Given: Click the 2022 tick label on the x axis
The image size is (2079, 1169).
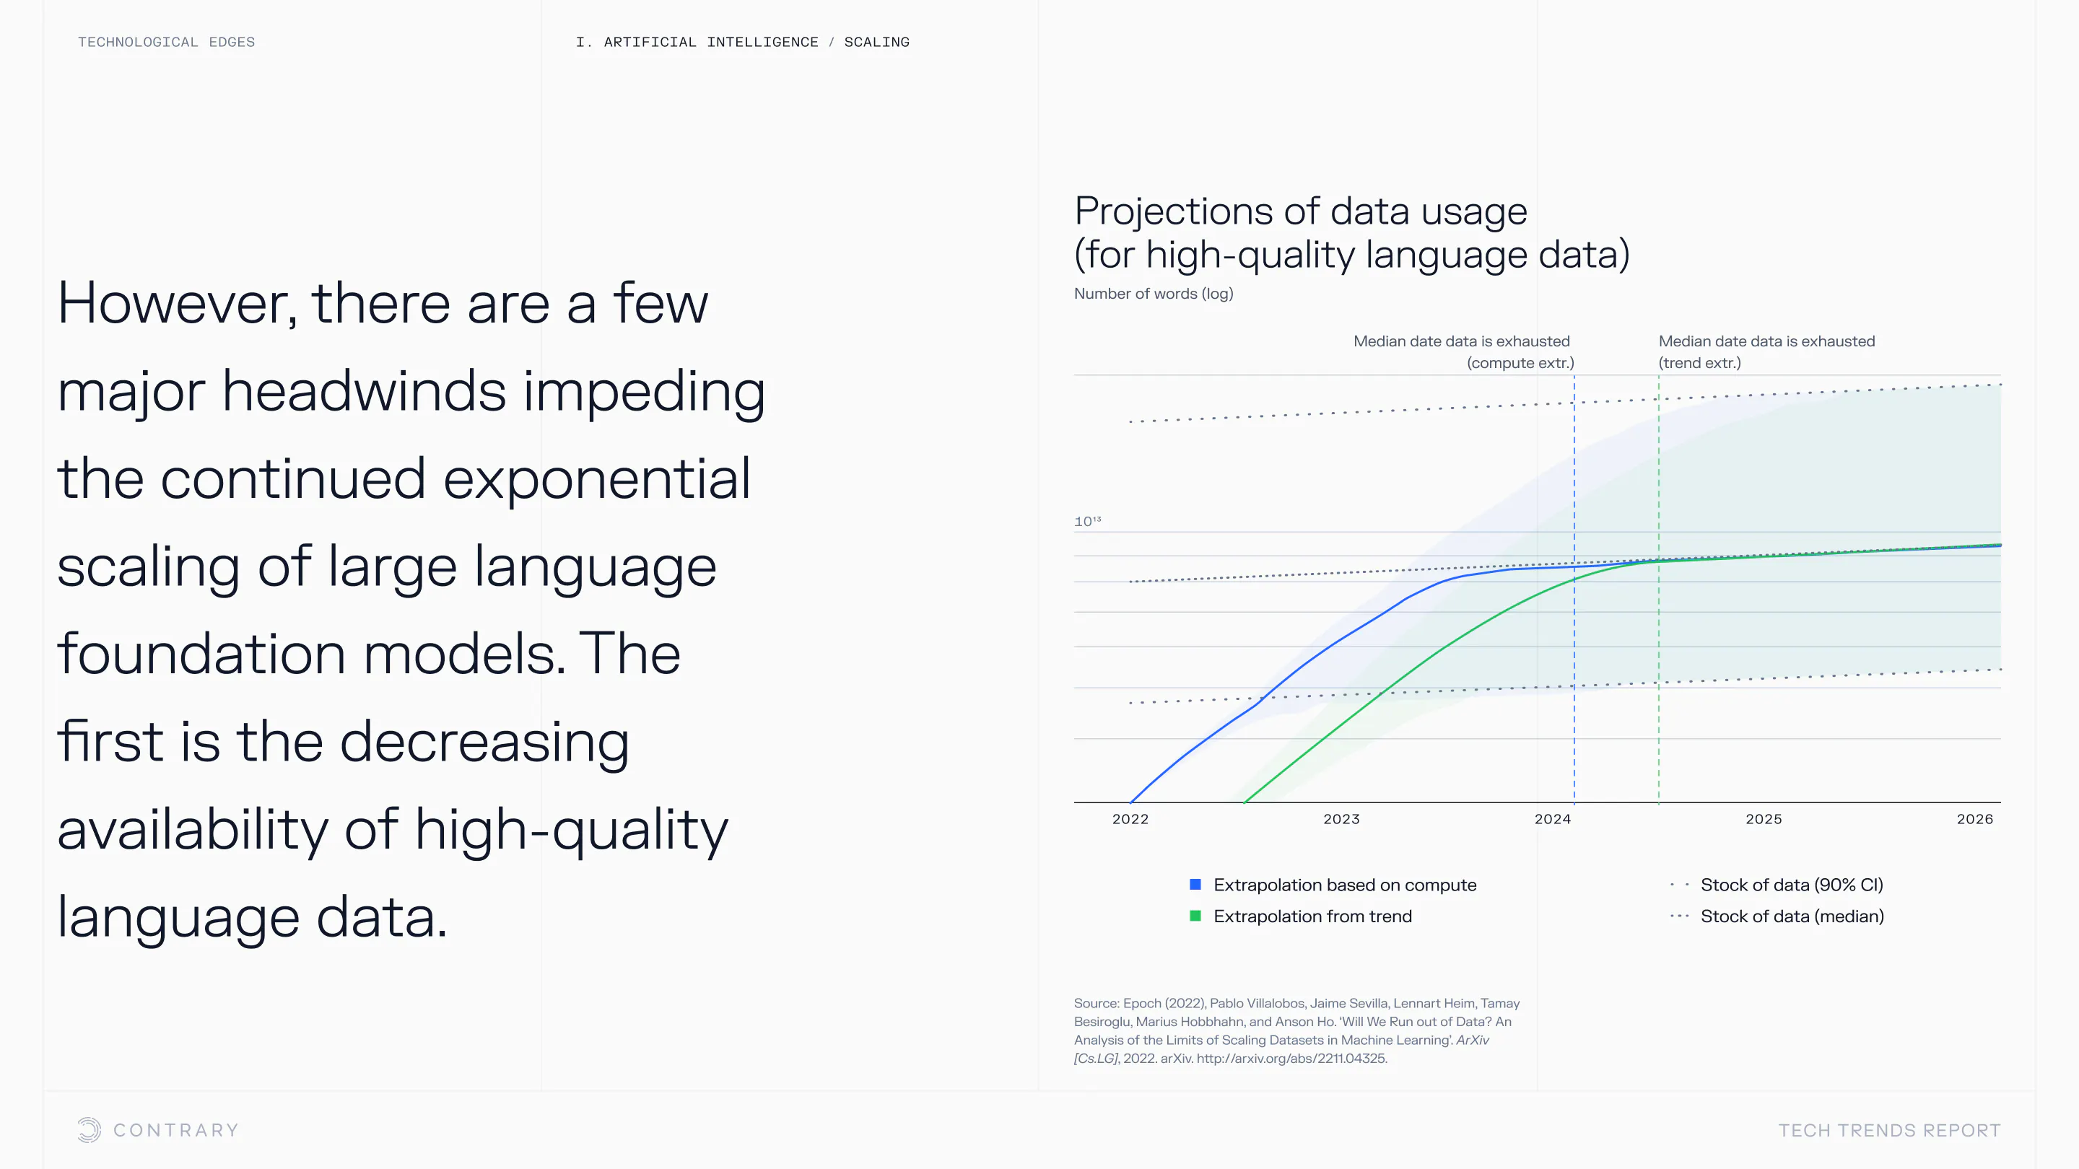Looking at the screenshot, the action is click(x=1130, y=819).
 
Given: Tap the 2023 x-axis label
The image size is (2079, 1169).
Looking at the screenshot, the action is click(x=1341, y=819).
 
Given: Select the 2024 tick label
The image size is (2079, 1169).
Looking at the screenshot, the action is click(x=1553, y=819).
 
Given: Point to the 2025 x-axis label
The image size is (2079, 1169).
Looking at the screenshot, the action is click(x=1764, y=819).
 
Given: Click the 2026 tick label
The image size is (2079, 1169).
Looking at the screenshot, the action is click(x=1975, y=819).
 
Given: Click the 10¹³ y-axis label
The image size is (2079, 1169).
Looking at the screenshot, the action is click(x=1087, y=521).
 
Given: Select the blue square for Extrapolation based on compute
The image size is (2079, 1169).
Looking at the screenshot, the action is click(x=1195, y=884).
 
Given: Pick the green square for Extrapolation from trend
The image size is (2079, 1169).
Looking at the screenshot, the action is click(x=1195, y=916).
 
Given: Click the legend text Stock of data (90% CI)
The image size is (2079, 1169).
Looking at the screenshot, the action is click(x=1792, y=885).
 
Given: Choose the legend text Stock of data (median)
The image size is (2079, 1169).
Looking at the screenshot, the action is click(x=1792, y=916).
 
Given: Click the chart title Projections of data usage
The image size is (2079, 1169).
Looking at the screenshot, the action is click(x=1301, y=211).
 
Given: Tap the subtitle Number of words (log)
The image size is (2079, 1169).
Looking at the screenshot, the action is click(x=1154, y=294).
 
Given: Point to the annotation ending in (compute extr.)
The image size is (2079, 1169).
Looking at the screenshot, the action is click(x=1463, y=351).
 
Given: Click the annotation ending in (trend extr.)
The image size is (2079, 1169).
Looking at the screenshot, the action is click(x=1766, y=351).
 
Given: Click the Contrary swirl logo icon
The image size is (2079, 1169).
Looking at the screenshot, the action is click(x=89, y=1129).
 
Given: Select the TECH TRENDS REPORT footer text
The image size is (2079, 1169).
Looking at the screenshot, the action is click(x=1889, y=1130).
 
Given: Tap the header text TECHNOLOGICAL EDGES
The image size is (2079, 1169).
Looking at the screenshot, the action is click(x=166, y=42).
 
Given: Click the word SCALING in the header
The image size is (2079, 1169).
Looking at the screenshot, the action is click(x=876, y=42).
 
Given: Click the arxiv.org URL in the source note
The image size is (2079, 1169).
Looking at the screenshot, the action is click(x=1291, y=1059).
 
